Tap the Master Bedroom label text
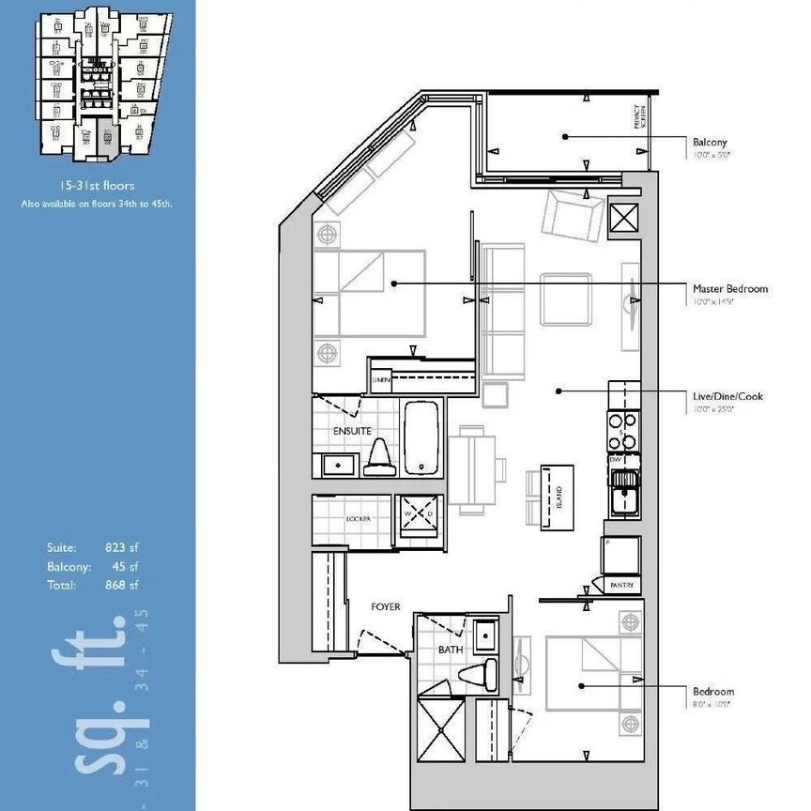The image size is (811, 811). [729, 289]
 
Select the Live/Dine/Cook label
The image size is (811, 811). [727, 396]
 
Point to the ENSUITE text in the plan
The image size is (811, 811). [352, 431]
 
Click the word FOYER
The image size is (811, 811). [386, 607]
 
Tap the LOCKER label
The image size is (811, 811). [359, 518]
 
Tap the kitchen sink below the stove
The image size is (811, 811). [624, 493]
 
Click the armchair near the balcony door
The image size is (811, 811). [571, 215]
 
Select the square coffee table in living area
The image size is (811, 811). [566, 298]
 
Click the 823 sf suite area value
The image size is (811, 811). [123, 547]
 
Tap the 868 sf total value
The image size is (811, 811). [123, 586]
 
